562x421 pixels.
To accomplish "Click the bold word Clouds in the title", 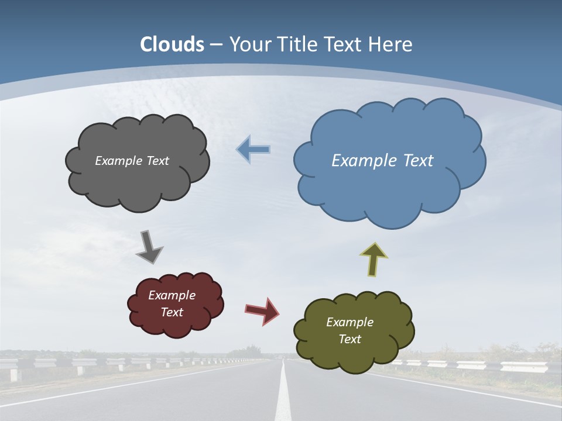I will click(x=172, y=44).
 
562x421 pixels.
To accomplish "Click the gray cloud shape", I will click(x=138, y=181).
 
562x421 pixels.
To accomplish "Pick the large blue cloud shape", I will click(x=389, y=193).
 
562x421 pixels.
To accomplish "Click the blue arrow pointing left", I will click(x=253, y=150).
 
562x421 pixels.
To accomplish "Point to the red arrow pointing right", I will click(x=262, y=310).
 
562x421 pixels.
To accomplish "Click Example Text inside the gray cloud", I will click(x=132, y=161).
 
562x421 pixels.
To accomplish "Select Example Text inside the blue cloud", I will click(x=382, y=161).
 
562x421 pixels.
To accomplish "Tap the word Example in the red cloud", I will click(x=172, y=295).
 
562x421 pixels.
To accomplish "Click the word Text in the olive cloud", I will click(x=349, y=339).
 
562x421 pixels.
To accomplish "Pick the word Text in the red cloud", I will click(x=172, y=312).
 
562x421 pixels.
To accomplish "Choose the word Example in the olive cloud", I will click(x=349, y=322).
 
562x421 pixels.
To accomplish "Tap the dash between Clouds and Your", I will click(x=216, y=44).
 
